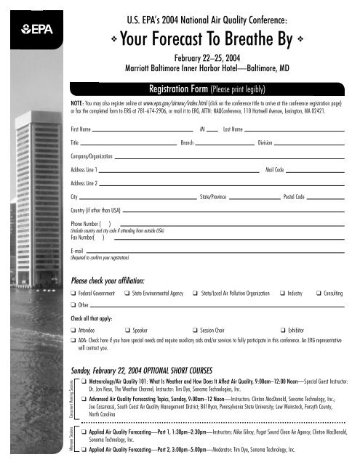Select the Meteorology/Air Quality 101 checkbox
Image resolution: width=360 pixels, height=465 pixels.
(84, 381)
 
